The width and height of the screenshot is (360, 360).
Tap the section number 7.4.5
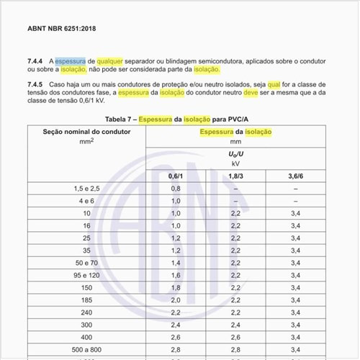point(35,85)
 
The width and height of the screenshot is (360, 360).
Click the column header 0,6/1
point(176,175)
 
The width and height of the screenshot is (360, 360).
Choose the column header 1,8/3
point(235,175)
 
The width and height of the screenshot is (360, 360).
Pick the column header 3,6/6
point(295,175)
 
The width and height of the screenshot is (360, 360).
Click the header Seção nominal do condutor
point(86,132)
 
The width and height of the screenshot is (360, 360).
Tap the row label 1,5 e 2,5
point(86,188)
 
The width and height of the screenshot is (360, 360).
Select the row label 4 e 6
point(86,201)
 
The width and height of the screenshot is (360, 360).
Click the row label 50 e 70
point(86,263)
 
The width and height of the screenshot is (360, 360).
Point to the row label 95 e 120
point(86,275)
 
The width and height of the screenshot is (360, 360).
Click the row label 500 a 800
point(86,350)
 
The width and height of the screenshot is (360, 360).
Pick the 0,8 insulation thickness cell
point(176,188)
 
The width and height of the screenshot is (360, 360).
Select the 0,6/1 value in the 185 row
point(176,300)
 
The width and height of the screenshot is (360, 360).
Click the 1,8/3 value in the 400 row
point(235,338)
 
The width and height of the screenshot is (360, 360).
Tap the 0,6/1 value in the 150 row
point(176,288)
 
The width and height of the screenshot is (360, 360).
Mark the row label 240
point(86,312)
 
